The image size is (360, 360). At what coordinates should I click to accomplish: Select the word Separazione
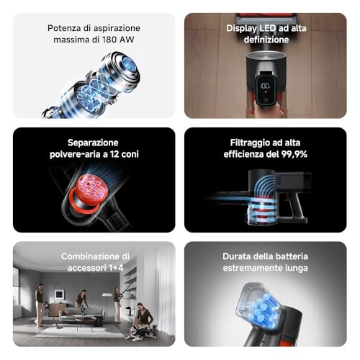93,143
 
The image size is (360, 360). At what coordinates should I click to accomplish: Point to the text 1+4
116,268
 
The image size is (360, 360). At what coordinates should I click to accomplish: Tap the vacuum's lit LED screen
265,89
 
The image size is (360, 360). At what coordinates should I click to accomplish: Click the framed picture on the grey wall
59,294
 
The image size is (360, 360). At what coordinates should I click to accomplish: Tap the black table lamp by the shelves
130,310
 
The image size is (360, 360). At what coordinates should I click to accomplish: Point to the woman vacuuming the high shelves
117,305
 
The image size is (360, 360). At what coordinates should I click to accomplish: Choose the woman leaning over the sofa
81,300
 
